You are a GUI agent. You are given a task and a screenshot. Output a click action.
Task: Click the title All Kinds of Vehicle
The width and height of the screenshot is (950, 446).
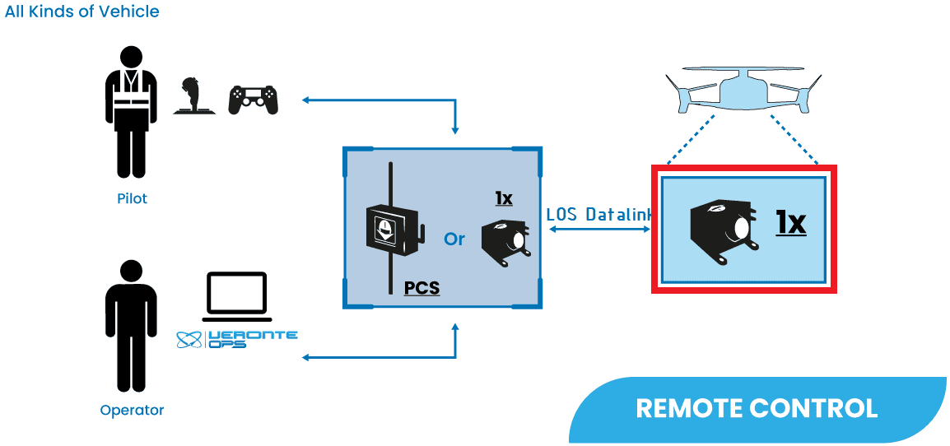pos(82,12)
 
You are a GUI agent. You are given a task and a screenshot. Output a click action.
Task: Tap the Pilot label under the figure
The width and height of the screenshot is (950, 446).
pos(132,199)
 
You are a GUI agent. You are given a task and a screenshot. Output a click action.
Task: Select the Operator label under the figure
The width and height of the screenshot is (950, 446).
pos(132,410)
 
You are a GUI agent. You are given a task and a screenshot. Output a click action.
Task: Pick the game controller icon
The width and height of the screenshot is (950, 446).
pos(253,100)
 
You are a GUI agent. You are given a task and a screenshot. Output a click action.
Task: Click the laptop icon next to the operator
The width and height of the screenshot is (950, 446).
pos(237,296)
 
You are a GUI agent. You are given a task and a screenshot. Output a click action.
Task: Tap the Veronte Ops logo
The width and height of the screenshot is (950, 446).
pos(237,339)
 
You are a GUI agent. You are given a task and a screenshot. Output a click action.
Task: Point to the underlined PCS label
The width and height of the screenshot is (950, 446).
pos(421,289)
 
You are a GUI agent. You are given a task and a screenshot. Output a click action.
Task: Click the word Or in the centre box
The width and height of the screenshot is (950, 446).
pos(454,239)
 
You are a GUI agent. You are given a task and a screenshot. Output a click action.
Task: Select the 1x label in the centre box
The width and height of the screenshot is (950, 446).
pos(504,198)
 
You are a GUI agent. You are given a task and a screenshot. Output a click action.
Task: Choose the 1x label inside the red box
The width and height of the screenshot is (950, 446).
pos(790,222)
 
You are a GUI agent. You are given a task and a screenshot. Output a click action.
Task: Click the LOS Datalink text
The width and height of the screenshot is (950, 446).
pos(599,214)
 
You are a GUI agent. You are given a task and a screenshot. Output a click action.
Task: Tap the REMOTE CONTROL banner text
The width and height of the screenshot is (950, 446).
pos(757,408)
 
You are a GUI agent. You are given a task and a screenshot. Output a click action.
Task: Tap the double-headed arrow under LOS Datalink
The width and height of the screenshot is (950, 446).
pos(599,230)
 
